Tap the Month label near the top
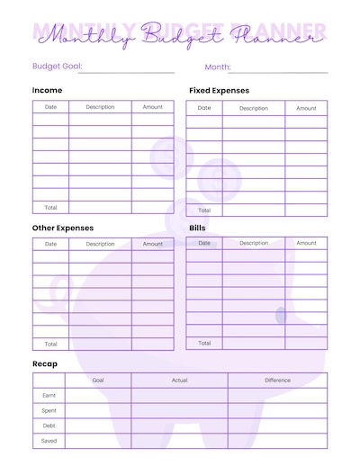click(218, 67)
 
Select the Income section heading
click(47, 91)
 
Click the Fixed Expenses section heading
click(219, 91)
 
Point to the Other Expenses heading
click(62, 229)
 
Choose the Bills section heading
click(197, 229)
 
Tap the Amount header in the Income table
click(153, 107)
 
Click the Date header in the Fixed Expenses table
click(204, 108)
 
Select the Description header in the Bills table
click(254, 243)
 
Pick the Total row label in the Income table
click(50, 208)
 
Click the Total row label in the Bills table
click(204, 343)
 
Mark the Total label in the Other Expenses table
click(50, 344)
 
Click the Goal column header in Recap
click(97, 380)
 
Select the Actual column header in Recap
click(179, 380)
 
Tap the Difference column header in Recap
click(277, 380)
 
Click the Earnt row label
click(49, 395)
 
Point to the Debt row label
click(49, 426)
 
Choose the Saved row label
click(49, 441)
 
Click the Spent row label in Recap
click(49, 410)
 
